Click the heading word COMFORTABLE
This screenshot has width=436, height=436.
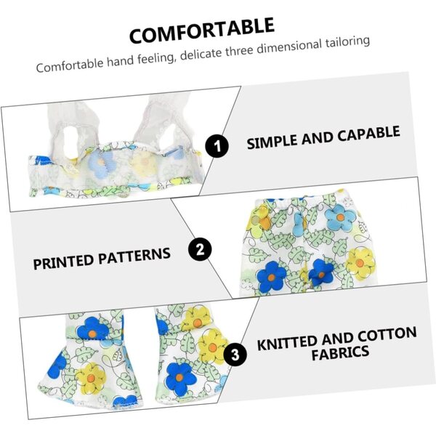(202, 31)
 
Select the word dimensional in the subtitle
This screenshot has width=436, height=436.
(289, 47)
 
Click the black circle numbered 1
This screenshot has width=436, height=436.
(217, 146)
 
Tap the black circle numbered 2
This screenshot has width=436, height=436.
(200, 249)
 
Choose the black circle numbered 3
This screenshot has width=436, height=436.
(235, 355)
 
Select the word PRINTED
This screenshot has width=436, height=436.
(63, 262)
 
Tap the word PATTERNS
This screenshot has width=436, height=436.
(134, 257)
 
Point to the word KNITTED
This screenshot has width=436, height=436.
(287, 344)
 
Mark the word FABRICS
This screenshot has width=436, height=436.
(340, 353)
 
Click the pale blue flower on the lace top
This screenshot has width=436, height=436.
(100, 164)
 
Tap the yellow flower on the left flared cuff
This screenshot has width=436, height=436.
(91, 378)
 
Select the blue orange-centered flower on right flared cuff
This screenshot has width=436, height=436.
(179, 376)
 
